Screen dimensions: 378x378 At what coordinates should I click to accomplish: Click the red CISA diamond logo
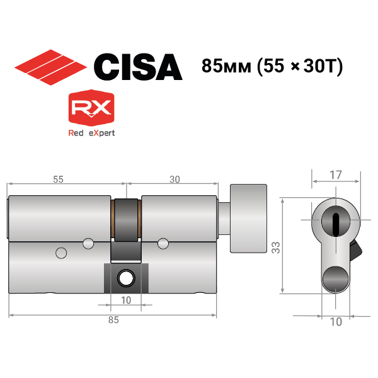pyautogui.click(x=50, y=67)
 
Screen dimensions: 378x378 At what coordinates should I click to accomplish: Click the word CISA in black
pyautogui.click(x=138, y=67)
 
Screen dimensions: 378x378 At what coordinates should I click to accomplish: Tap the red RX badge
pyautogui.click(x=91, y=108)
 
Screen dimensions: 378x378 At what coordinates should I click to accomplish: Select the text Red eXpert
pyautogui.click(x=91, y=133)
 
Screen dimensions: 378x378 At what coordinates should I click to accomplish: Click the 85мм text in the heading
pyautogui.click(x=226, y=66)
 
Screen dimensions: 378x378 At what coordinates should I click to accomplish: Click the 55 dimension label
pyautogui.click(x=58, y=180)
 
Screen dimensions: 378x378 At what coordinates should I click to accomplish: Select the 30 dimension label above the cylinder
pyautogui.click(x=175, y=180)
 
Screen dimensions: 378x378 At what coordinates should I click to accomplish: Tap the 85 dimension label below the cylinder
pyautogui.click(x=113, y=320)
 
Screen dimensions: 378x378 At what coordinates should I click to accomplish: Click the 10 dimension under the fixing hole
pyautogui.click(x=126, y=301)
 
